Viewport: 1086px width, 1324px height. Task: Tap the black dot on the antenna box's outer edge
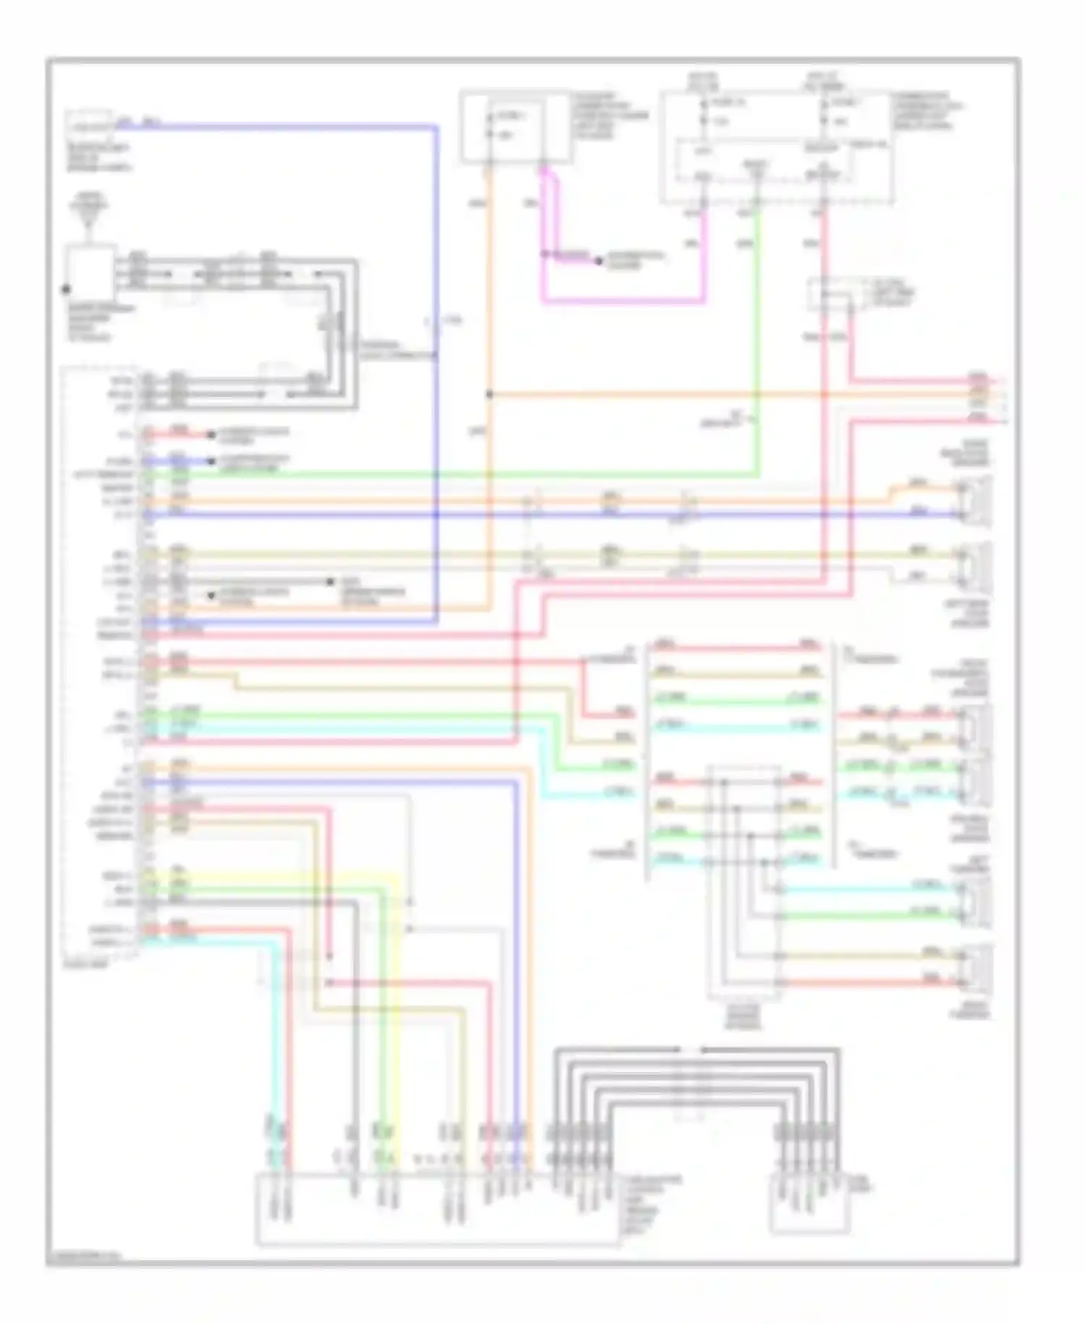click(x=66, y=289)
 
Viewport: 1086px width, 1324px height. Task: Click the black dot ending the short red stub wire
click(x=211, y=435)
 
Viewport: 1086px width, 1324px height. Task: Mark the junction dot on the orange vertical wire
click(x=489, y=395)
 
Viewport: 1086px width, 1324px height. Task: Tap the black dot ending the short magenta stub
click(x=599, y=260)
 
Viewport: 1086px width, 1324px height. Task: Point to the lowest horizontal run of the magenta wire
click(x=623, y=300)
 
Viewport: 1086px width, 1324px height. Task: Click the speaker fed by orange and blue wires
click(x=974, y=501)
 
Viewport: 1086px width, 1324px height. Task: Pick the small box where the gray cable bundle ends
click(x=809, y=1202)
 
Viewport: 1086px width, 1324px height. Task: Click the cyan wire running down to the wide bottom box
click(x=274, y=1050)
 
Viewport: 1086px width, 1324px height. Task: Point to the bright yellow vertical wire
click(x=397, y=1014)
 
